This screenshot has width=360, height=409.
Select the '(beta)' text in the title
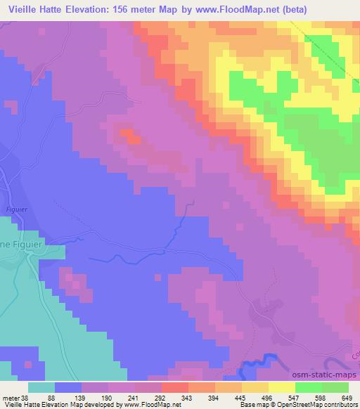pyautogui.click(x=333, y=8)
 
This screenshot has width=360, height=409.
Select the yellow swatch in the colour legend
pyautogui.click(x=283, y=387)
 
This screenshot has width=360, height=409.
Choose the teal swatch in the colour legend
pyautogui.click(x=41, y=387)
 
